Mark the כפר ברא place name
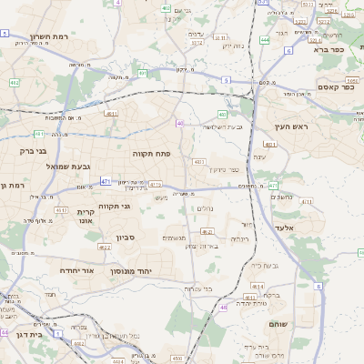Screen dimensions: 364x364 (x=328, y=50)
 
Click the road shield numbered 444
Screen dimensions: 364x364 (x=265, y=39)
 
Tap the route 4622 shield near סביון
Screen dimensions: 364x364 (x=105, y=247)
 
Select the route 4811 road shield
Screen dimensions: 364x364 (x=111, y=114)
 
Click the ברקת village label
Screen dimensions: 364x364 (x=270, y=295)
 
